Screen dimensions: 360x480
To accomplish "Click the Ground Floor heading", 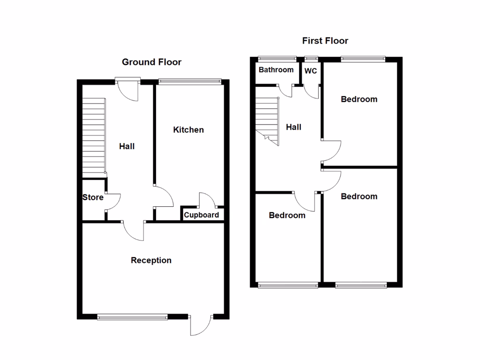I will (151, 62).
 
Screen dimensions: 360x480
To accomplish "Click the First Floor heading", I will (325, 41).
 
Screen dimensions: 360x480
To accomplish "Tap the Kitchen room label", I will (188, 130).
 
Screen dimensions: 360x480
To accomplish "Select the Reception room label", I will (151, 260).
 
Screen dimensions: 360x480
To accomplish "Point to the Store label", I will (93, 197).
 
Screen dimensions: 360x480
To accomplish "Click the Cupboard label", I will (201, 215).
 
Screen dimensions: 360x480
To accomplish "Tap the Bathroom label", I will (276, 70).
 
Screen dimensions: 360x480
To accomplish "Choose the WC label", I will (311, 71).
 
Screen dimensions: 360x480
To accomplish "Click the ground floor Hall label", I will (127, 146).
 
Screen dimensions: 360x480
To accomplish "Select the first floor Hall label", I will (293, 127).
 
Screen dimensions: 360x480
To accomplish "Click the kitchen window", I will (189, 82).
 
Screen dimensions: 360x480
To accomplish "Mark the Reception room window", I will (132, 317).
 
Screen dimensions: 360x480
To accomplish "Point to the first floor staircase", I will (267, 120).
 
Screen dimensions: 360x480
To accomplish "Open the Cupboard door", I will (207, 200).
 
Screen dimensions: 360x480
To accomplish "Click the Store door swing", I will (113, 202).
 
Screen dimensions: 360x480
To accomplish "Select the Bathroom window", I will (277, 59).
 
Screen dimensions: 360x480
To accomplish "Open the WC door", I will (312, 91).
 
